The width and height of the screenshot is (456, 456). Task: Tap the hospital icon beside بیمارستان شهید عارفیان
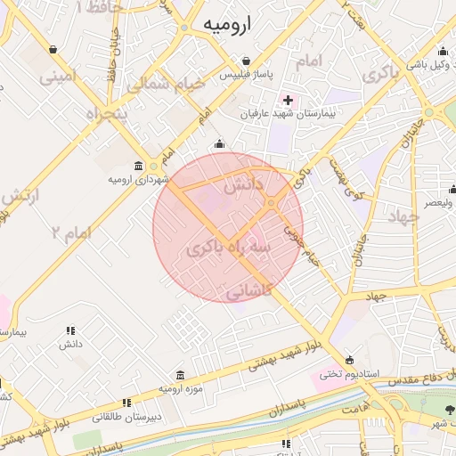pos(286,99)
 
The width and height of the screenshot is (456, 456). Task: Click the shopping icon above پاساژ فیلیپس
pos(247,61)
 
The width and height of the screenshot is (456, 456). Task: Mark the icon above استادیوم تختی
pos(349,360)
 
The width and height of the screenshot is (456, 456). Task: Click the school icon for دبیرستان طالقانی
pos(126,402)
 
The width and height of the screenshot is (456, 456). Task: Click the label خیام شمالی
pos(166,84)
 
